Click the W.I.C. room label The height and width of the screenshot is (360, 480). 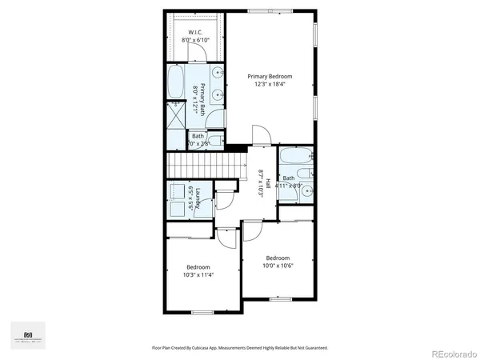[x=195, y=33]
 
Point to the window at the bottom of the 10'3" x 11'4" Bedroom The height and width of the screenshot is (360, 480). [x=203, y=312]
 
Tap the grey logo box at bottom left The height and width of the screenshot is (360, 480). [x=27, y=335]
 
